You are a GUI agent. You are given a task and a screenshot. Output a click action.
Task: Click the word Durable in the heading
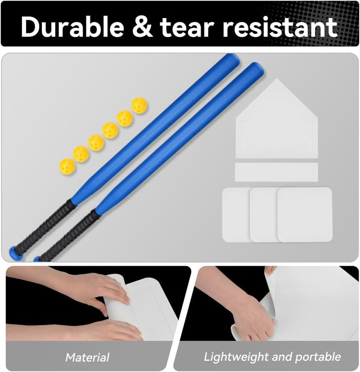pos(72,27)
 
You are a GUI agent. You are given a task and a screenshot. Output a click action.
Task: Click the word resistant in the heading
pos(280,27)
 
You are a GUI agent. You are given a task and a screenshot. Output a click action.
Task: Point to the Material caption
pos(87,357)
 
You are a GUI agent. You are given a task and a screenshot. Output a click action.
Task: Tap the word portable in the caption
pos(318,357)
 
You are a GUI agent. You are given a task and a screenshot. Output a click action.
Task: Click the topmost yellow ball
pos(139,105)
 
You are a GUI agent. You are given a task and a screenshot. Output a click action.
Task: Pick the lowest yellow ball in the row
pos(67,167)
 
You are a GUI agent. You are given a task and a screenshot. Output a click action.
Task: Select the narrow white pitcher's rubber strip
pos(276,172)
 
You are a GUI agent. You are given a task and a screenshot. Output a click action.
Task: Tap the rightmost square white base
pos(305,215)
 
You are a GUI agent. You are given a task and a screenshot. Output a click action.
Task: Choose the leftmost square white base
pos(236,215)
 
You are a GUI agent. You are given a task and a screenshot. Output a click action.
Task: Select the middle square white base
pos(264,215)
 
